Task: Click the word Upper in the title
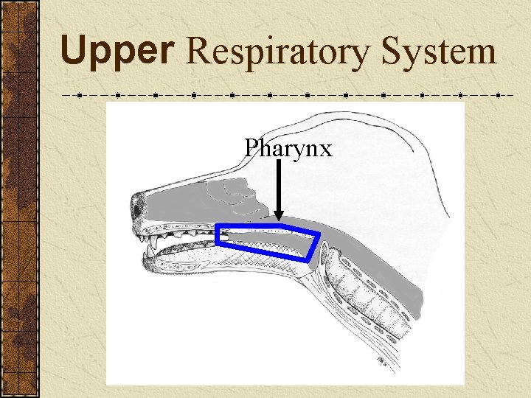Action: [118, 52]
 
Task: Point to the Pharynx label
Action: [288, 149]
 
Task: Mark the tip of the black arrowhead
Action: [279, 220]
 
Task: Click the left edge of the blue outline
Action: [217, 234]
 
